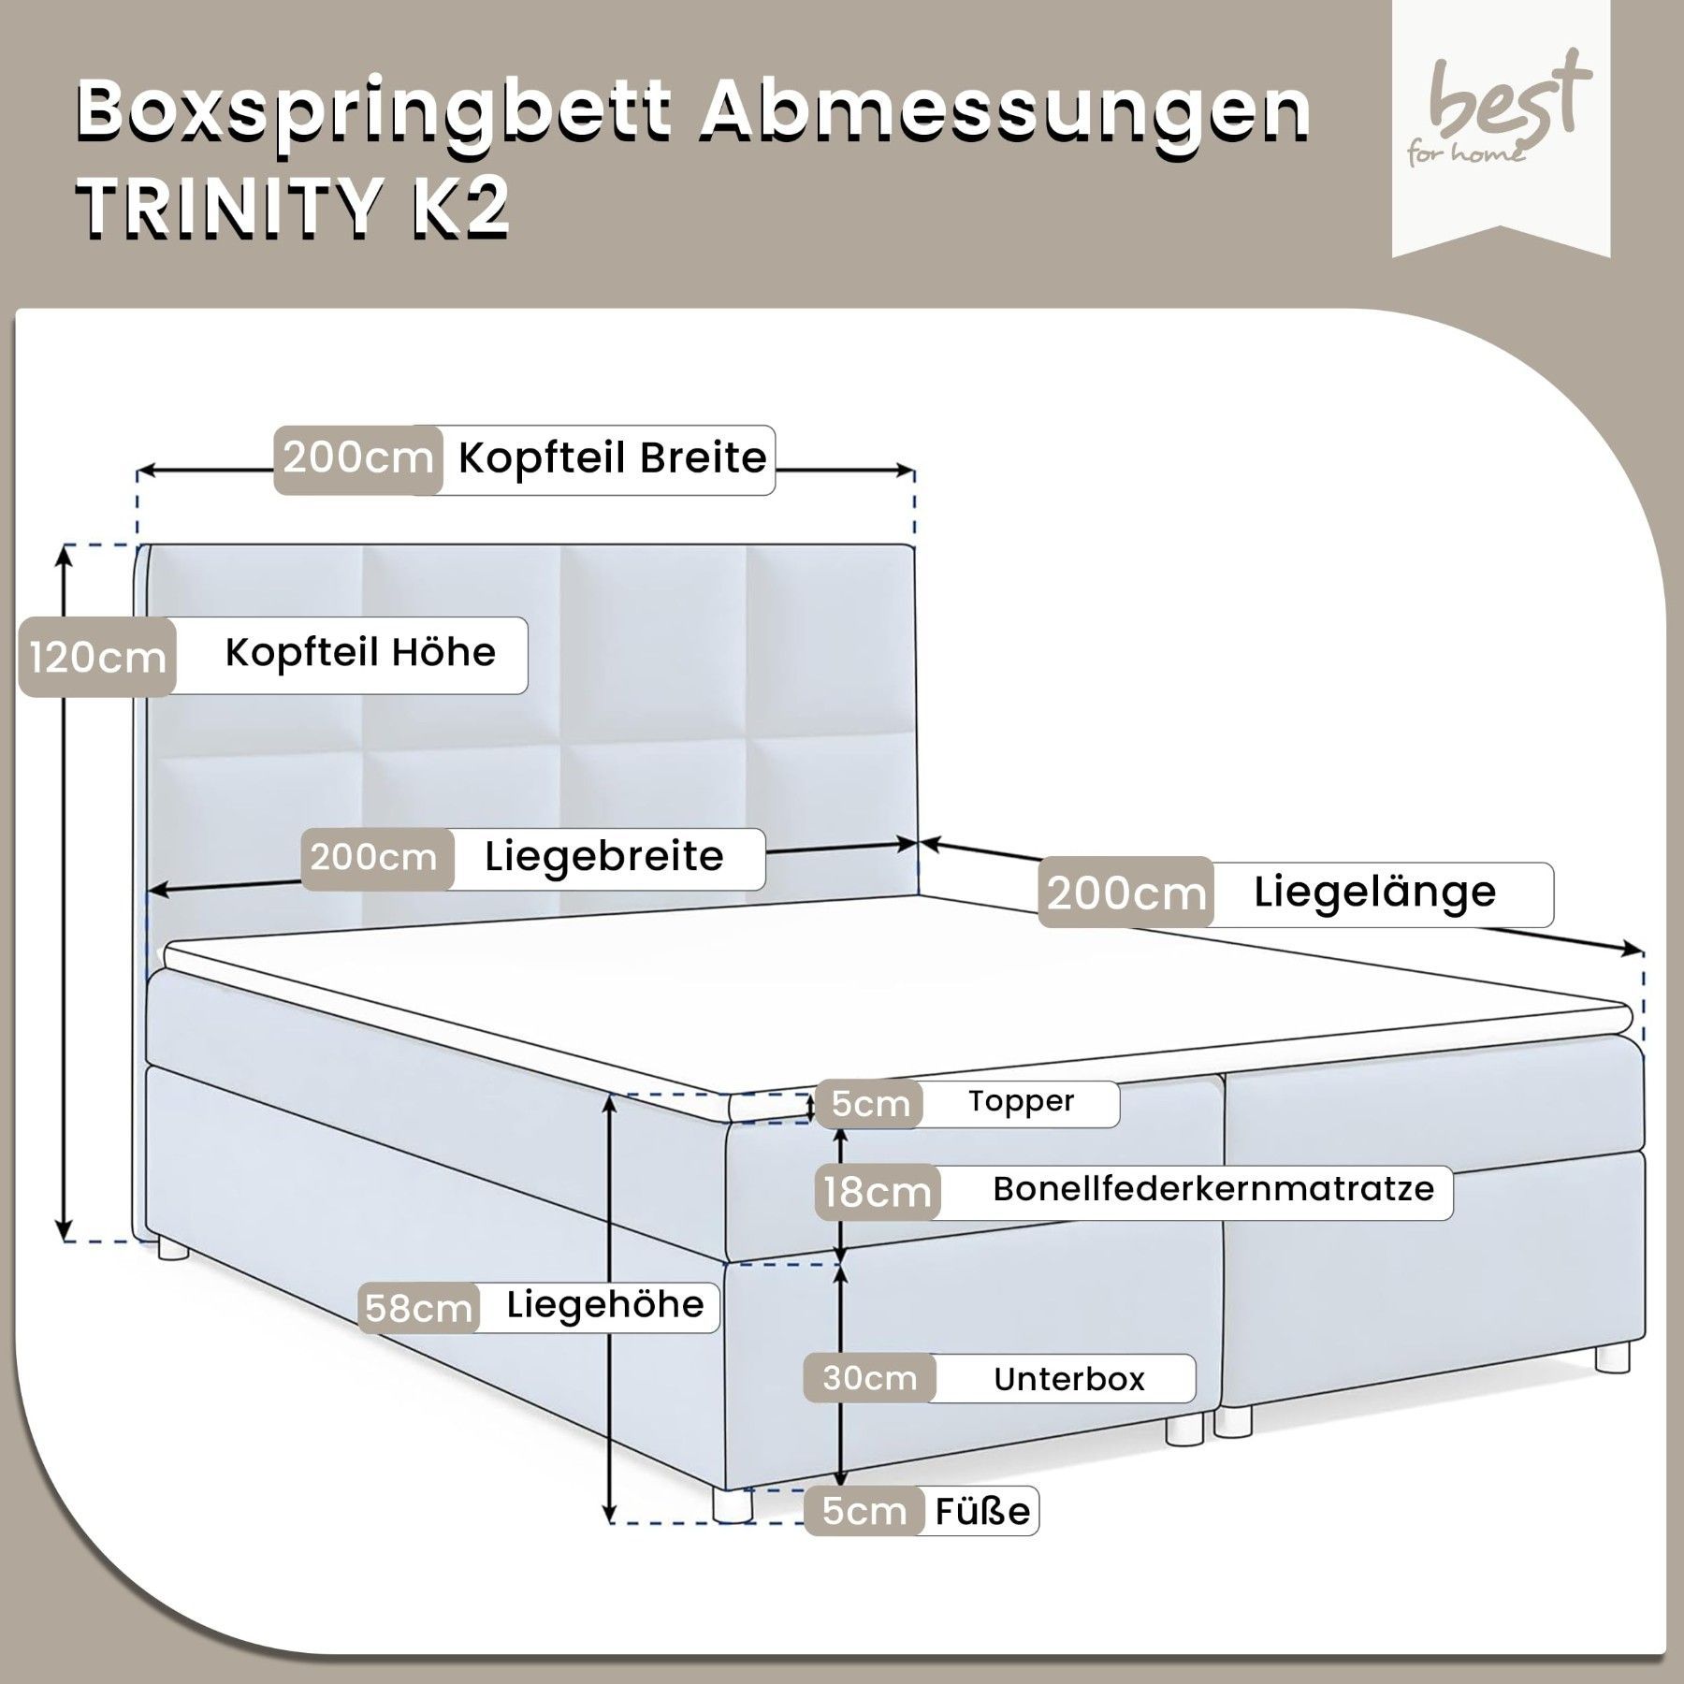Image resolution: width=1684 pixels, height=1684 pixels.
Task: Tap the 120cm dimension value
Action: click(x=97, y=657)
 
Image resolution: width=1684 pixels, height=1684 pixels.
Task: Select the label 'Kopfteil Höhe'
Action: click(x=360, y=653)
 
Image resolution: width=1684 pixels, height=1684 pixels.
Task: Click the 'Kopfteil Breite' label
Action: click(x=612, y=458)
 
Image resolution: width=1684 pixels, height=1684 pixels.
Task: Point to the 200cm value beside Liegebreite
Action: click(x=374, y=857)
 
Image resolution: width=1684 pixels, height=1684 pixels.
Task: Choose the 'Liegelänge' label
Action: click(x=1374, y=892)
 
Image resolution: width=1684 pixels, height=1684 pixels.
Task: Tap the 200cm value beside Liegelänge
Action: click(x=1125, y=893)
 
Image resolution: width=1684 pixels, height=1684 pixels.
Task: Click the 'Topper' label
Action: click(x=1021, y=1101)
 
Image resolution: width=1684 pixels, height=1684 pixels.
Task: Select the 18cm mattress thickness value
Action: click(x=877, y=1193)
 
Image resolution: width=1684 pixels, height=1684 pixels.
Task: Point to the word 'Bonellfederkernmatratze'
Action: click(x=1213, y=1189)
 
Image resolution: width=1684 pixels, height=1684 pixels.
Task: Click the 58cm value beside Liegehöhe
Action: click(x=418, y=1308)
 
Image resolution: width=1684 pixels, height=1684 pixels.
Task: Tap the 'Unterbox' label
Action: click(x=1068, y=1379)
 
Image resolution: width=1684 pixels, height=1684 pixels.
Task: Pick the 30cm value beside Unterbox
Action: click(x=870, y=1378)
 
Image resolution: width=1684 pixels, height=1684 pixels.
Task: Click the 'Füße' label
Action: click(x=981, y=1537)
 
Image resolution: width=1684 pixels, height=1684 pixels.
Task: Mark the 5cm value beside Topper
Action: click(x=870, y=1104)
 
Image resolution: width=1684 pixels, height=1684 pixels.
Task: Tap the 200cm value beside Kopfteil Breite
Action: click(x=358, y=458)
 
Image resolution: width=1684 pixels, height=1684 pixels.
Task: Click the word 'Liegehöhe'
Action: click(x=605, y=1305)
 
